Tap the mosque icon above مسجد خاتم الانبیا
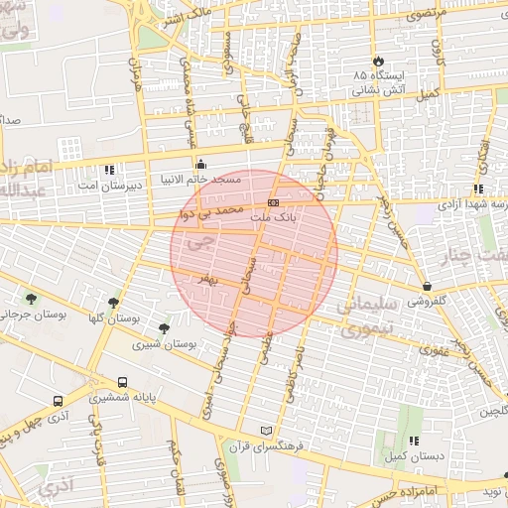(x=201, y=165)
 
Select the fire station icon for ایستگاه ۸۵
(x=376, y=60)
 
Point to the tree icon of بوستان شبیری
(x=164, y=327)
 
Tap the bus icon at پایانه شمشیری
(x=122, y=382)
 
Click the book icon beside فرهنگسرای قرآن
(x=264, y=430)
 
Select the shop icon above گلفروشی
(x=428, y=287)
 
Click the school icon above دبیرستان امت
(x=108, y=170)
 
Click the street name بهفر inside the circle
(x=206, y=282)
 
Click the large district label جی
(x=199, y=241)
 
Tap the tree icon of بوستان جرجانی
(x=32, y=298)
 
